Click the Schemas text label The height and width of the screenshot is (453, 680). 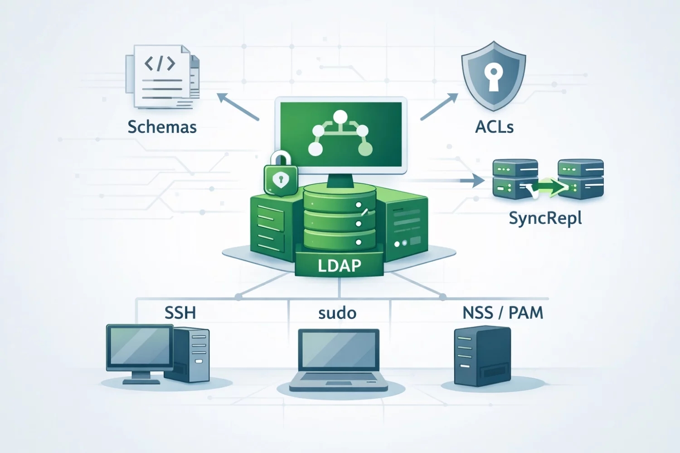[x=162, y=127]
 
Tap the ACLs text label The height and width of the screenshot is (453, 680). [x=494, y=127]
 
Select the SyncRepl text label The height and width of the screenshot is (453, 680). [x=545, y=218]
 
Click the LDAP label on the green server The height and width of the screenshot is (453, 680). [x=339, y=265]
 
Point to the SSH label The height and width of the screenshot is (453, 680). [x=180, y=313]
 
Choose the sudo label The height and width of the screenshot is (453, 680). [x=337, y=313]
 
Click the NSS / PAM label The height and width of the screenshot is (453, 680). [x=502, y=313]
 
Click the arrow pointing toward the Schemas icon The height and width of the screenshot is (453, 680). [x=238, y=106]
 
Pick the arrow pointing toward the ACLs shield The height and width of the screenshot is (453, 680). [x=439, y=107]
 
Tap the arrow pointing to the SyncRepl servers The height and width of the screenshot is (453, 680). [x=471, y=181]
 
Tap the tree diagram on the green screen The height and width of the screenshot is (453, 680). [x=340, y=134]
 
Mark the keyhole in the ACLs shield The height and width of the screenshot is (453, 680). [x=493, y=75]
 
